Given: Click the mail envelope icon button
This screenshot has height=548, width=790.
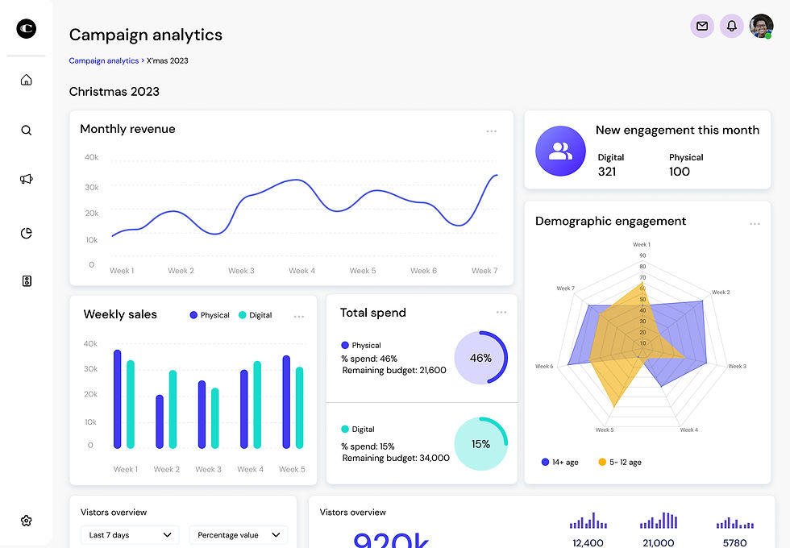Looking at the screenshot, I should click(702, 27).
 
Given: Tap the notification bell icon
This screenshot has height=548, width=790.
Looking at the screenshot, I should click(732, 27).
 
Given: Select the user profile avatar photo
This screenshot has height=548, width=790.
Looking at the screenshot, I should click(761, 27).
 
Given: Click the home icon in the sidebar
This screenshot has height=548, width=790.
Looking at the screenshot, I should click(27, 80).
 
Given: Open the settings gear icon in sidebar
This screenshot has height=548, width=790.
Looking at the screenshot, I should click(27, 521).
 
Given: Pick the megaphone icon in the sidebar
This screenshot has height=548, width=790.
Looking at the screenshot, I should click(27, 179).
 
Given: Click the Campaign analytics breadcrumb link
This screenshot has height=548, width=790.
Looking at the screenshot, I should click(104, 60).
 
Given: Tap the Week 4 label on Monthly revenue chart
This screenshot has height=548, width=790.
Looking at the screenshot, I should click(302, 271).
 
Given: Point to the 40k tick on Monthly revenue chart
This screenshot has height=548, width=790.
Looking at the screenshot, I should click(91, 157).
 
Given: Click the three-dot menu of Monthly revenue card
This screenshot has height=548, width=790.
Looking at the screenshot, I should click(491, 131).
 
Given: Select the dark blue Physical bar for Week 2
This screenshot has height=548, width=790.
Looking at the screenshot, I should click(160, 421).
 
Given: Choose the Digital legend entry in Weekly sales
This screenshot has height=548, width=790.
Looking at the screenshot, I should click(256, 315).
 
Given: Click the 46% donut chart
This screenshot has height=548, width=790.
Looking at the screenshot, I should click(480, 358).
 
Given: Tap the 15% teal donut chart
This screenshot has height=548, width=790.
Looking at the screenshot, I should click(480, 444).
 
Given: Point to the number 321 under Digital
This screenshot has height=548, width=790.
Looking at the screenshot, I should click(607, 172).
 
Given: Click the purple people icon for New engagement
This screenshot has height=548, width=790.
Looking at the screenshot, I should click(560, 151).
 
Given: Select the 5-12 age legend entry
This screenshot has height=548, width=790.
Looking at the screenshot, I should click(621, 463).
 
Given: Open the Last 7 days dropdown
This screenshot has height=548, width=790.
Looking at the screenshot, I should click(130, 535).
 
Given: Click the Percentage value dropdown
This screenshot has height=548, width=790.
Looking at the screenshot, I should click(239, 535).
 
